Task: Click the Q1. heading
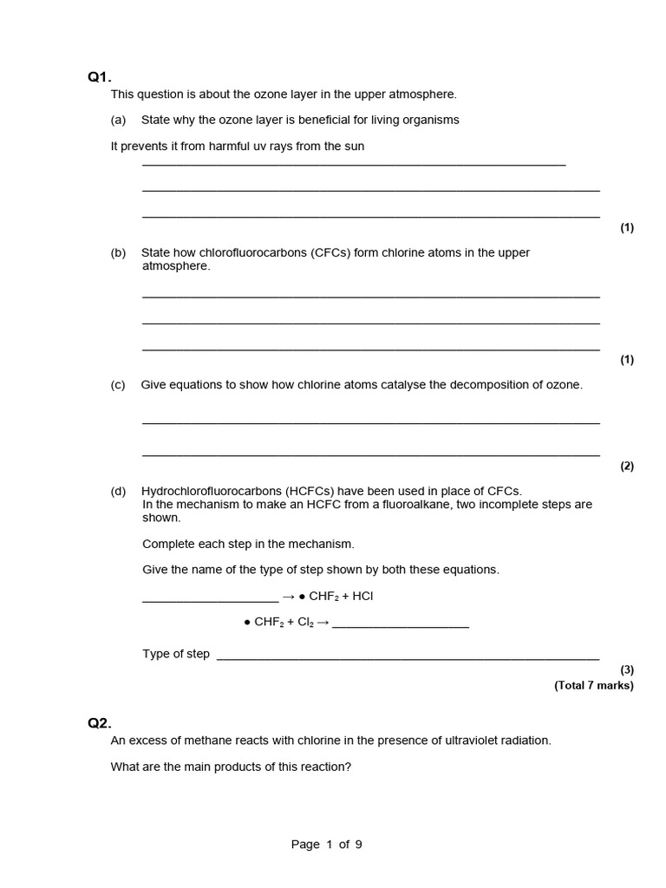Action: (x=100, y=78)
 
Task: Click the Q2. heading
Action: (x=100, y=723)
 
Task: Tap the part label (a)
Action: (x=118, y=120)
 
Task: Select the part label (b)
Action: (x=118, y=252)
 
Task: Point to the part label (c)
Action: (x=118, y=385)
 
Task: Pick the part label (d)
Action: (x=118, y=491)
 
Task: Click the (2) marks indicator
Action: (x=626, y=466)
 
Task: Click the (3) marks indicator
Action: (x=626, y=669)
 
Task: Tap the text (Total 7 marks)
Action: (x=594, y=685)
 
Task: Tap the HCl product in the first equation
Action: (x=362, y=597)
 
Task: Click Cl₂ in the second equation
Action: (x=304, y=623)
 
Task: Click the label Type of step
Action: (x=176, y=654)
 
